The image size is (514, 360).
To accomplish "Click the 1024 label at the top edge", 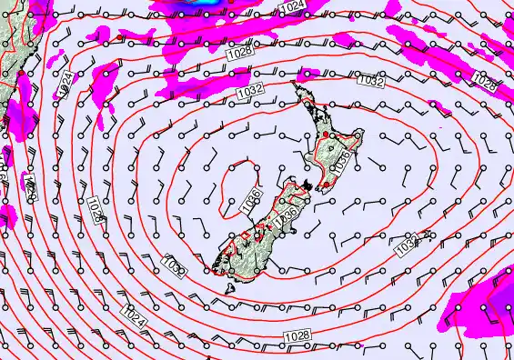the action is coord(292,7).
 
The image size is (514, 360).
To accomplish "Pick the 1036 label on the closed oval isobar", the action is coord(252,200).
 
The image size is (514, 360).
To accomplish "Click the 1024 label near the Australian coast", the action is coord(65,85).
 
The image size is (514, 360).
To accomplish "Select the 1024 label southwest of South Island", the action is coord(133,319).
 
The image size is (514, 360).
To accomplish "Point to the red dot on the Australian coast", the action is coord(17,74).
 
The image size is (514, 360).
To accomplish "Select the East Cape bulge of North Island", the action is coord(360,136).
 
